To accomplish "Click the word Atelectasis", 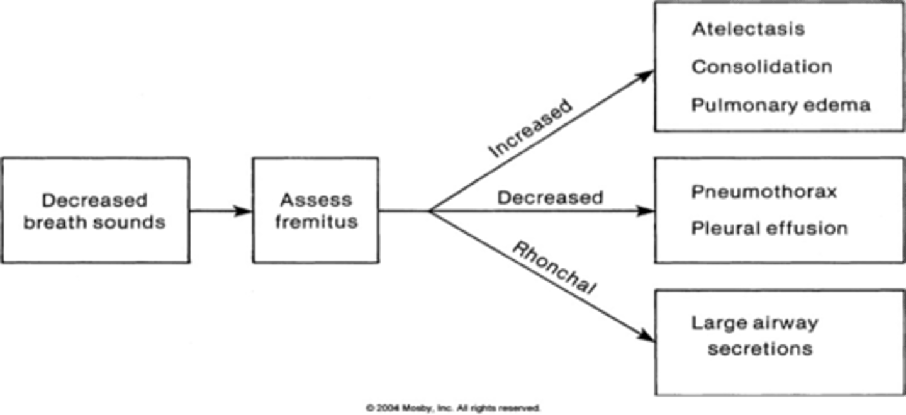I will coord(747,29).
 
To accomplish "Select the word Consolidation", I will coord(761,67).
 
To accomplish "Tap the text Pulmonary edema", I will coord(780,105).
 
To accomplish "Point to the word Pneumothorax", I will coord(764,191).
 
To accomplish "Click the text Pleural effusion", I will coord(769,228).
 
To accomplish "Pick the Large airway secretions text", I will coord(755,336).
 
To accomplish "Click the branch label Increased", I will coord(530,128).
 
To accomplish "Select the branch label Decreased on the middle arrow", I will coord(550,198).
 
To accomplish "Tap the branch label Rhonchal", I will coord(552,268).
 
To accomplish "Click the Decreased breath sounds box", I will coord(94,210).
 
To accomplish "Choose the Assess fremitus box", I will coord(315,210).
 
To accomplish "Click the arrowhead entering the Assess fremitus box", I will coord(244,211).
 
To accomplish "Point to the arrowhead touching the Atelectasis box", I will coord(646,74).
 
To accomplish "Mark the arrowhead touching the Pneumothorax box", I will coord(646,211).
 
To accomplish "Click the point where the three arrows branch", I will coord(430,211).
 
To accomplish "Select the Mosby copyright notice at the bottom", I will coord(452,408).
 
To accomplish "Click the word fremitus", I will coord(316,222).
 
